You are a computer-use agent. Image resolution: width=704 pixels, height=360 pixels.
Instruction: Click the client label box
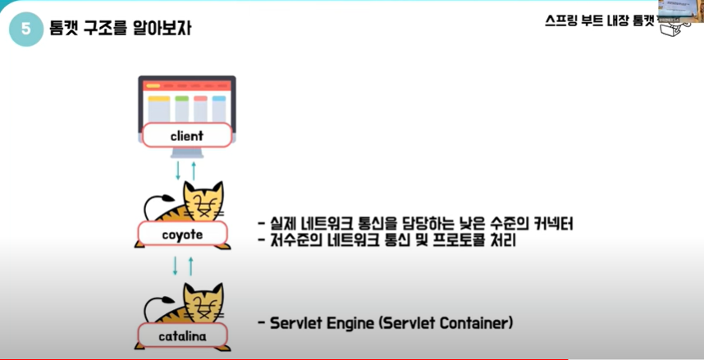pos(186,135)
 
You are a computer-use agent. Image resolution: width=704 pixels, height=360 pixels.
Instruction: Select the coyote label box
pos(181,235)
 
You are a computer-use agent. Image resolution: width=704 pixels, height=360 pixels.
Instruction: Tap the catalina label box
pos(182,335)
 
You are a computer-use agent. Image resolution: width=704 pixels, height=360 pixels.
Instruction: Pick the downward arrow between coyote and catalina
pos(175,267)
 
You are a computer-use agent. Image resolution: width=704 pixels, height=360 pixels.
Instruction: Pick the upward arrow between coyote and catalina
pos(190,267)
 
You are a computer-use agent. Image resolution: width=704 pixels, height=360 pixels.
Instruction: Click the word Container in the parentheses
pos(477,323)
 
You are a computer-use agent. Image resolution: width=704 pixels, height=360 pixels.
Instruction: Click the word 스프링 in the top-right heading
pos(561,22)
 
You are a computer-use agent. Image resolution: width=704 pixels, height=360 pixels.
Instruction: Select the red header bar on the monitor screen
pos(186,85)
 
